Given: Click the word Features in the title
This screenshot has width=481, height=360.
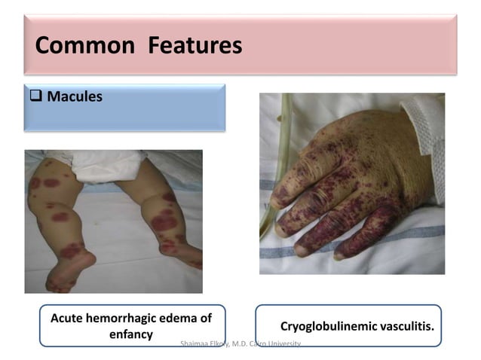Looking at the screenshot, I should click(195, 46).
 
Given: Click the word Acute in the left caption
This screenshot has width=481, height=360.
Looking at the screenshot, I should click(68, 319).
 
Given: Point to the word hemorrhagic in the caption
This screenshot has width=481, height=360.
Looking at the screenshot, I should click(127, 319).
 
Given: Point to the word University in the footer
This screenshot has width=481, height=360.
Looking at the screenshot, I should click(283, 343).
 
